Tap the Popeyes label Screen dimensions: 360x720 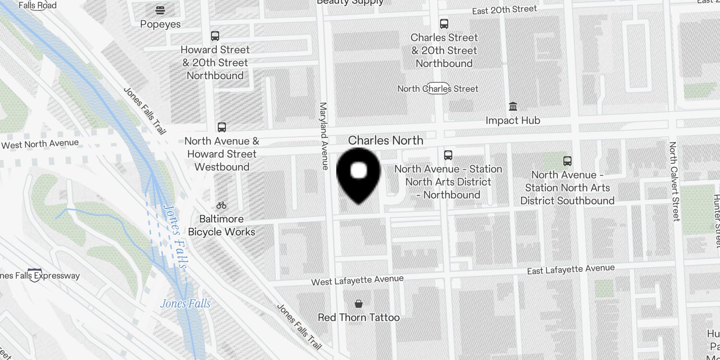coord(160,24)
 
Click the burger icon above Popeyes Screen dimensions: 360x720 coord(160,9)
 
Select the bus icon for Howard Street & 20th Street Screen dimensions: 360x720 coord(215,36)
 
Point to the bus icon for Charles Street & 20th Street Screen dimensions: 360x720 coord(444,24)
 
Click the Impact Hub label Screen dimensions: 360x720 coord(513,121)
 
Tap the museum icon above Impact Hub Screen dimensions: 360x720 coord(513,107)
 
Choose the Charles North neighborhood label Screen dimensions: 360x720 coord(386,140)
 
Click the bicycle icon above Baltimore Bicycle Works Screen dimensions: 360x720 coord(221,206)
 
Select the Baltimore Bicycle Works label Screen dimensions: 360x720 coord(221,225)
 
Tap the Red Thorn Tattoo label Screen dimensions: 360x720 coord(359,317)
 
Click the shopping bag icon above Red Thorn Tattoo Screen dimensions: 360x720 coord(359,304)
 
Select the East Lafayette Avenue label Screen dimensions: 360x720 coord(571,270)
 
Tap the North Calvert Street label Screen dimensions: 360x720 coord(674,181)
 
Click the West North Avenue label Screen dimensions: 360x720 coord(40,144)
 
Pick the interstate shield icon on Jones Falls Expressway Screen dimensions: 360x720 coord(35,275)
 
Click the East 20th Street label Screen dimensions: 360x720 coord(504,10)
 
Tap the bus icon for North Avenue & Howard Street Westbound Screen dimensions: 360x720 coord(222,127)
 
